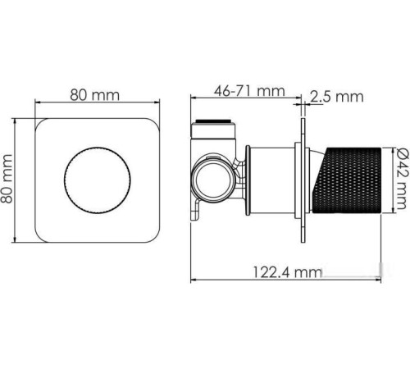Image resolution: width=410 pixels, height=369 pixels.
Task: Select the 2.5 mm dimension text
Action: [337, 97]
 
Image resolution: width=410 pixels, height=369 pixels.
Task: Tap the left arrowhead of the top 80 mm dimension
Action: [35, 104]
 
